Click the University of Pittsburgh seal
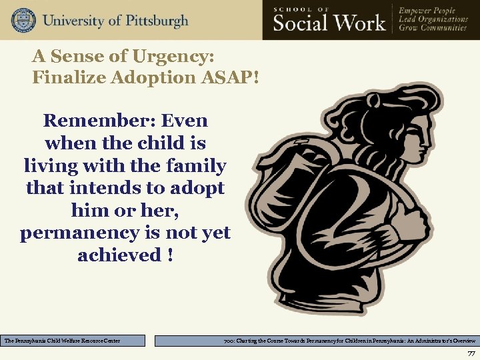[23, 20]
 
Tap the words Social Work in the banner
[329, 23]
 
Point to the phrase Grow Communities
[433, 30]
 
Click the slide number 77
[471, 353]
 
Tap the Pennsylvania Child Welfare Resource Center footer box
[73, 341]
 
